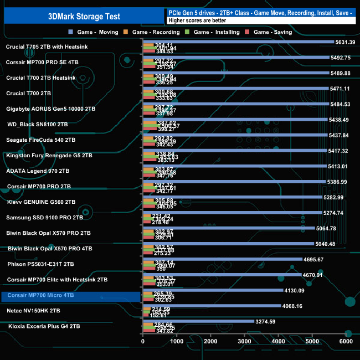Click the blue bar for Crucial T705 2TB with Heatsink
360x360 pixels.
[x=238, y=42]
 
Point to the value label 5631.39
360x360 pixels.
[x=345, y=42]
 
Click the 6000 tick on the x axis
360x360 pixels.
[x=346, y=342]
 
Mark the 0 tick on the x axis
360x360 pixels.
[x=143, y=342]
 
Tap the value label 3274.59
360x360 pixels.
[x=265, y=321]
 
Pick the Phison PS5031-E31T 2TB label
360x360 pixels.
[x=42, y=264]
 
